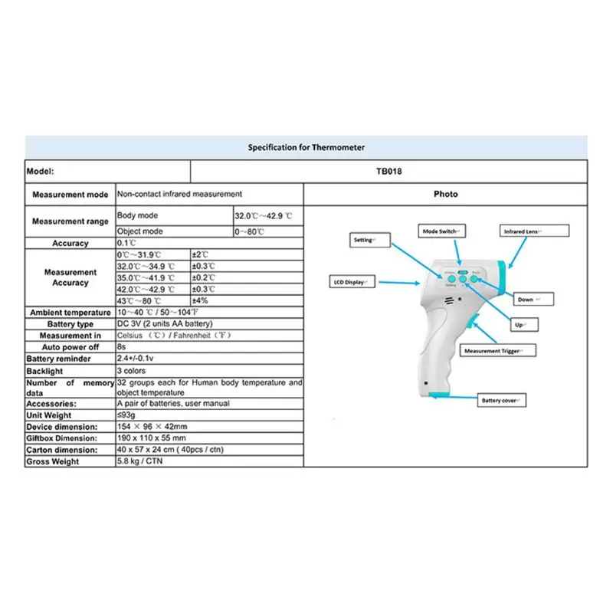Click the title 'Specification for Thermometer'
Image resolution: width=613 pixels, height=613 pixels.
tap(306, 146)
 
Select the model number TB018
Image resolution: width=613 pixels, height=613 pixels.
tap(388, 172)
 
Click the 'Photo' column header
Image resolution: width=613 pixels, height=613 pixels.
tap(445, 194)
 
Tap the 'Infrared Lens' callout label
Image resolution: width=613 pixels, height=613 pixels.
tap(534, 230)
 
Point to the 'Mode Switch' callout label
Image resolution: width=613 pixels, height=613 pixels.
tap(442, 230)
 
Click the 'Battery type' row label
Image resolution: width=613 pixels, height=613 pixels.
tap(70, 324)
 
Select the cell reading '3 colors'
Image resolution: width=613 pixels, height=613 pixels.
tap(131, 371)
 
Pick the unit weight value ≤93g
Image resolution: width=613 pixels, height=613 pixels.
tap(126, 415)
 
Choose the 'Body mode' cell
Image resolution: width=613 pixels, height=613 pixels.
tap(137, 216)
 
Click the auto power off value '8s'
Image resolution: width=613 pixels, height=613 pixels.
tap(121, 347)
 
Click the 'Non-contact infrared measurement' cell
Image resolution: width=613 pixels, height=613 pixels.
tap(179, 195)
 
